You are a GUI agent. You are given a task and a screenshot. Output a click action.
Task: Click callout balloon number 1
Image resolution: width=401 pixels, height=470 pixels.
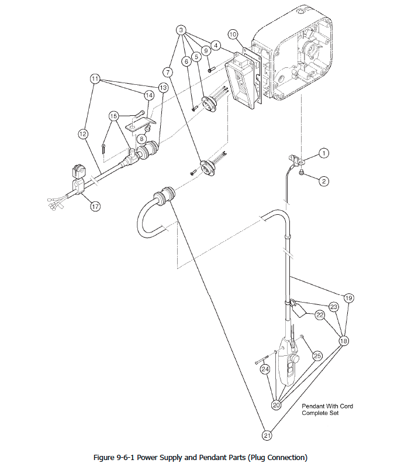(324, 153)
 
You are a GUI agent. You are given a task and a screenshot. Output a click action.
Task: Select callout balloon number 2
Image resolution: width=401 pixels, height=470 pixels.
(324, 181)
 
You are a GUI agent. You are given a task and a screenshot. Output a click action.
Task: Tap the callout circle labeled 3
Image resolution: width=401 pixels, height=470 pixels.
(182, 30)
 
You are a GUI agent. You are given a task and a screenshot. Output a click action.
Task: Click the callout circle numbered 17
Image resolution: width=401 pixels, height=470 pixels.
(95, 206)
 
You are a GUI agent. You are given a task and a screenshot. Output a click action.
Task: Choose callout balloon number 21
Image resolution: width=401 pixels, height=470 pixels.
(267, 435)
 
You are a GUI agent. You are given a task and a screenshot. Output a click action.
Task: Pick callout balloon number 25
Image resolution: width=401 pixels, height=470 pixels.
(317, 356)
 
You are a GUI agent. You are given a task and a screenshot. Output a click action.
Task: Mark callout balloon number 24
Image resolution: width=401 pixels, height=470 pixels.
(265, 369)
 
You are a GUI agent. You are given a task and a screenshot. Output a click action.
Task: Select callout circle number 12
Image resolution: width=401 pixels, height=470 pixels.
(83, 134)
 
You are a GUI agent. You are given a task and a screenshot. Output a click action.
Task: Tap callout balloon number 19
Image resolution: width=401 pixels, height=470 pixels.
(348, 298)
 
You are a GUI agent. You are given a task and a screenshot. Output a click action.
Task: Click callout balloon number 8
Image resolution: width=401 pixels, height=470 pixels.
(141, 139)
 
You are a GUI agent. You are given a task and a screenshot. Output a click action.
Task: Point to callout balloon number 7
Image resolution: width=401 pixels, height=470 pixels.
(168, 72)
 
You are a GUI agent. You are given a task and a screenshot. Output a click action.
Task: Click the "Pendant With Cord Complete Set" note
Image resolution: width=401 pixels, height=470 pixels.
(327, 410)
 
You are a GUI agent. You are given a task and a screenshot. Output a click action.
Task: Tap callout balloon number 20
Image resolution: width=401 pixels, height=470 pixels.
(276, 404)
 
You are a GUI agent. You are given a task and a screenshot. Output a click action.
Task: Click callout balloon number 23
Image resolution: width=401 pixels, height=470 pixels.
(334, 307)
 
